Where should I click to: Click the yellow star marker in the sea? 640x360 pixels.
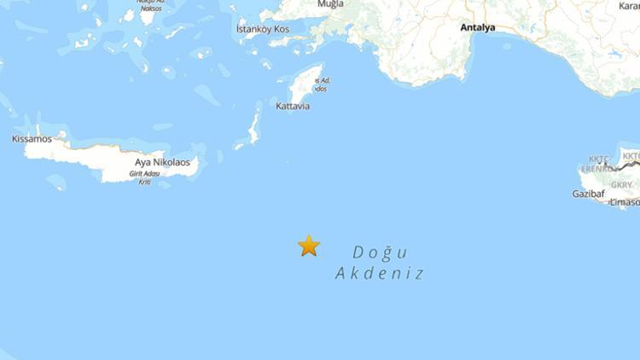pyautogui.click(x=309, y=246)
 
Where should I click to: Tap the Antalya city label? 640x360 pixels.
pyautogui.click(x=478, y=28)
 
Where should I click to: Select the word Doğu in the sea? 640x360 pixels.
pyautogui.click(x=380, y=253)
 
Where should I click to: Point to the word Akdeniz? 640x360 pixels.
pyautogui.click(x=380, y=274)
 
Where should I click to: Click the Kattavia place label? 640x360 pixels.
pyautogui.click(x=293, y=107)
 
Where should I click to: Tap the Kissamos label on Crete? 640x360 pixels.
pyautogui.click(x=32, y=138)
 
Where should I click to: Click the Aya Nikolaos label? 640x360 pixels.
pyautogui.click(x=166, y=161)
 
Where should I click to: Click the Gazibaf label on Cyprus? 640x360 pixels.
pyautogui.click(x=588, y=194)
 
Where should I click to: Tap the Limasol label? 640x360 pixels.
pyautogui.click(x=625, y=202)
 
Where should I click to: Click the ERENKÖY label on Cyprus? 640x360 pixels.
pyautogui.click(x=598, y=169)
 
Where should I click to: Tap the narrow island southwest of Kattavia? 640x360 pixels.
pyautogui.click(x=253, y=127)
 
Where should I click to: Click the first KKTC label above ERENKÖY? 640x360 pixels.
pyautogui.click(x=599, y=159)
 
